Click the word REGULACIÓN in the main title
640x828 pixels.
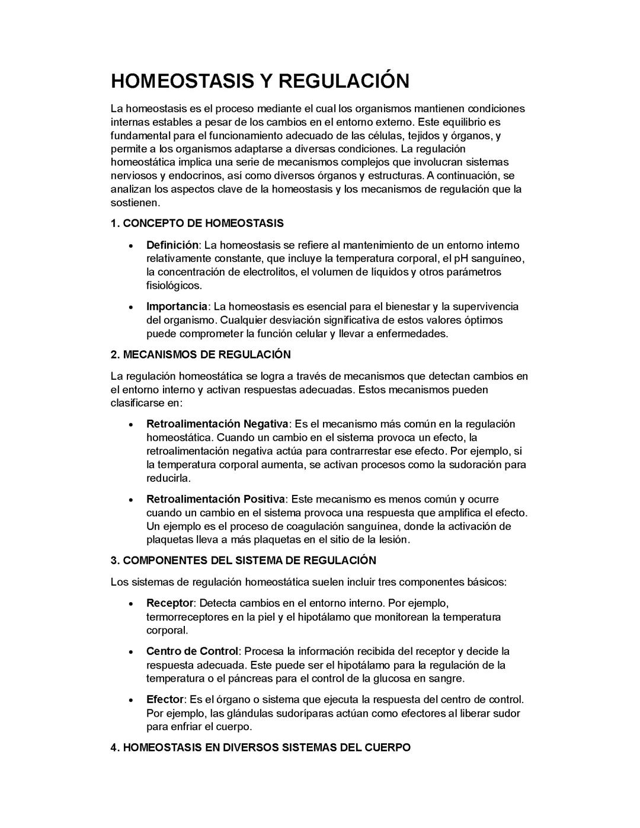(344, 81)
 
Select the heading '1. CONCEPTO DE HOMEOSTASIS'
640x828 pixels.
(197, 223)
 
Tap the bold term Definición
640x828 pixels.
(172, 245)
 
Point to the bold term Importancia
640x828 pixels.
(177, 306)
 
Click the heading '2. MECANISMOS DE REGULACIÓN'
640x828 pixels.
(201, 355)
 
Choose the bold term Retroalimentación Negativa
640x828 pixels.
(217, 424)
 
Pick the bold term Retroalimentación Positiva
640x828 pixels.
(216, 499)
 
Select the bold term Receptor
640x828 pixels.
(169, 603)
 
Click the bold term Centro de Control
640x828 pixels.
(192, 651)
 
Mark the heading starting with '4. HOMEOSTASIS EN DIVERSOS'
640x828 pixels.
(261, 747)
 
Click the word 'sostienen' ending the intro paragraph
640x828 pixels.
(135, 203)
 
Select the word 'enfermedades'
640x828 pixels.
(414, 334)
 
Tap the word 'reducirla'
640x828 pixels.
(168, 478)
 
